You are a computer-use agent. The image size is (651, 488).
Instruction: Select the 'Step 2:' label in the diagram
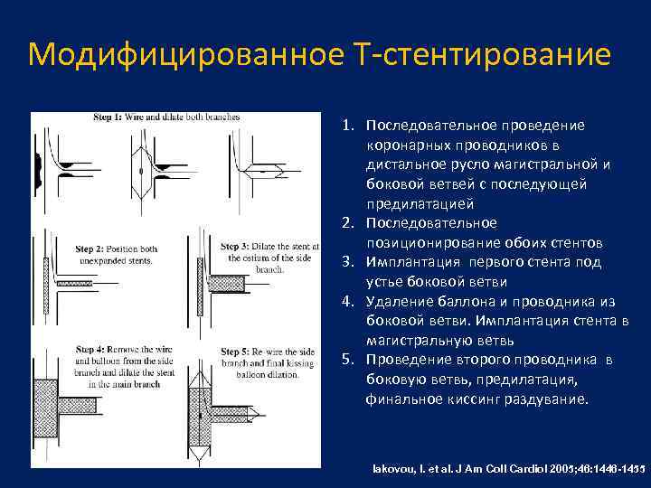click(89, 249)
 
